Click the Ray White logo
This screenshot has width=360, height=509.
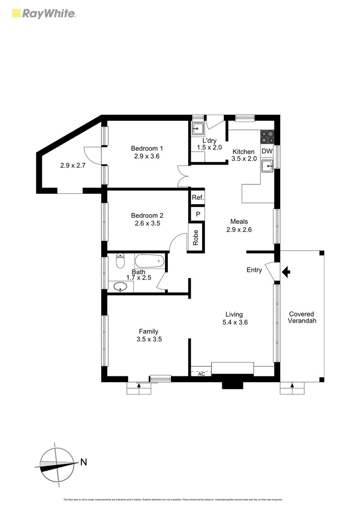tap(43, 13)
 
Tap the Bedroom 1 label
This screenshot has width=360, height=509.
tap(147, 148)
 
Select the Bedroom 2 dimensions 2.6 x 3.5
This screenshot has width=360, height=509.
tap(147, 223)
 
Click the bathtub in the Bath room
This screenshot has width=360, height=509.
tap(150, 261)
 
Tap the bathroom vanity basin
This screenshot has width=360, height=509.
tap(119, 286)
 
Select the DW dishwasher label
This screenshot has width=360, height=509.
tap(267, 152)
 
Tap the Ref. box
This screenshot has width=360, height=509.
tap(198, 197)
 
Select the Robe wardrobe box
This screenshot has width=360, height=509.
tap(196, 237)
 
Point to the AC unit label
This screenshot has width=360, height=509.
tap(201, 373)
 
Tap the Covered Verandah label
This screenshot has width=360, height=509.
tap(301, 317)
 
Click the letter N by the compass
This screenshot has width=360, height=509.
tap(83, 461)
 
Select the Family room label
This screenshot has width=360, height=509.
tap(148, 332)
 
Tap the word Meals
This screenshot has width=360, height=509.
tap(239, 221)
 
